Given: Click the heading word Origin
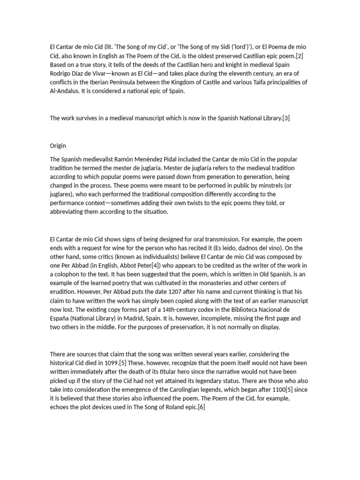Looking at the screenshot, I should click(x=58, y=145).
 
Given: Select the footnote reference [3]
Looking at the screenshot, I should click(x=286, y=118).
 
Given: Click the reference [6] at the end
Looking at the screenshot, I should click(x=202, y=407).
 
